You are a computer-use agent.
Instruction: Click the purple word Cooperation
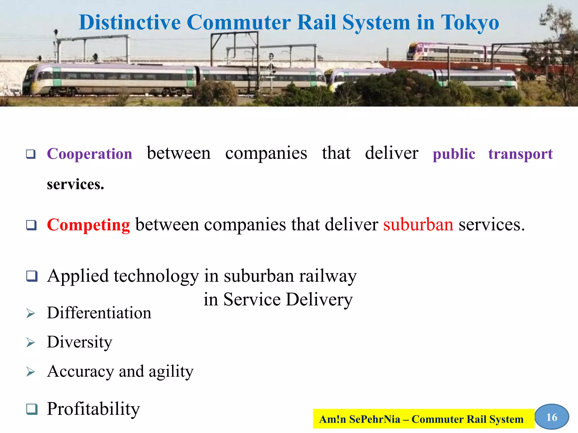pyautogui.click(x=89, y=154)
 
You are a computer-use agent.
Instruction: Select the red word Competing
pyautogui.click(x=88, y=225)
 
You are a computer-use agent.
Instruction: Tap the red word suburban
pyautogui.click(x=418, y=225)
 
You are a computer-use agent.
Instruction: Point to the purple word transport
pyautogui.click(x=520, y=154)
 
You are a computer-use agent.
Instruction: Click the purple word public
pyautogui.click(x=454, y=154)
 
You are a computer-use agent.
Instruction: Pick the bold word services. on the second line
pyautogui.click(x=75, y=184)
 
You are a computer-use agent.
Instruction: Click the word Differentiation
pyautogui.click(x=99, y=313)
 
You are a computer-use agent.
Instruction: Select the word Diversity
pyautogui.click(x=80, y=342)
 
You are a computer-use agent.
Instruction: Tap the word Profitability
pyautogui.click(x=93, y=409)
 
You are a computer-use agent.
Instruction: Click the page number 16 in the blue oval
pyautogui.click(x=552, y=417)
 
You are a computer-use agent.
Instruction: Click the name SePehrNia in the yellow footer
pyautogui.click(x=375, y=419)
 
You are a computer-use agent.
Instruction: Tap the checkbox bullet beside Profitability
pyautogui.click(x=32, y=409)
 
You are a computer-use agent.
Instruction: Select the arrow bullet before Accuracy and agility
pyautogui.click(x=30, y=372)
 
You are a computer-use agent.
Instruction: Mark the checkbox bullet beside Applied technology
pyautogui.click(x=32, y=276)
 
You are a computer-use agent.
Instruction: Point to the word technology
pyautogui.click(x=156, y=276)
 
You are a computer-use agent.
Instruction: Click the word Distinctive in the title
pyautogui.click(x=130, y=23)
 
